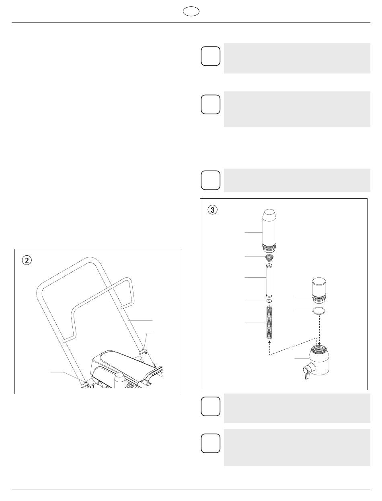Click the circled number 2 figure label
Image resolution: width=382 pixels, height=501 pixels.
(27, 260)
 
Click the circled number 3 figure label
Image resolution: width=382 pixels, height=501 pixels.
(212, 210)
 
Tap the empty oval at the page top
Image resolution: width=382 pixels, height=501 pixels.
(191, 11)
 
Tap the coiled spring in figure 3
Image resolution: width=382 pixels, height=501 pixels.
(269, 322)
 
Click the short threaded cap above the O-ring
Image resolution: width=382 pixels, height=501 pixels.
(319, 290)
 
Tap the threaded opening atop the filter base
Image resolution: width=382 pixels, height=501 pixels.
(319, 349)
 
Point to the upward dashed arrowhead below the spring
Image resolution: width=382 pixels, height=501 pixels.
(269, 342)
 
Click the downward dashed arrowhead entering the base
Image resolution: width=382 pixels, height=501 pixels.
(319, 344)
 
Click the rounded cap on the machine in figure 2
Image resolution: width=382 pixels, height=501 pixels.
(120, 380)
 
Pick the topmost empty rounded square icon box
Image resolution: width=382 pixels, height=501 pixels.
(210, 56)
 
